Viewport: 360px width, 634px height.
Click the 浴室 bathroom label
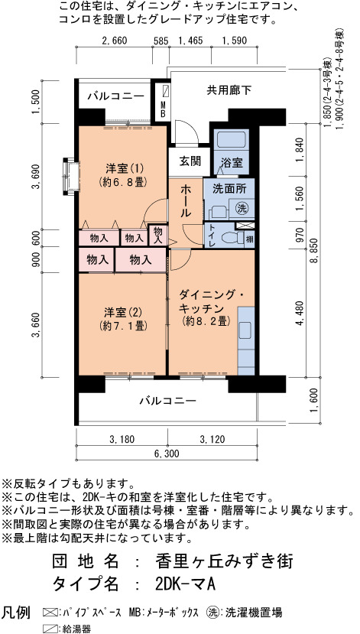click(232, 162)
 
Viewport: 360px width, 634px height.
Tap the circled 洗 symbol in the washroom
click(242, 208)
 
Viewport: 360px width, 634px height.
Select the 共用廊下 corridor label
click(229, 90)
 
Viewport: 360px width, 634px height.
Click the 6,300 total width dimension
click(166, 454)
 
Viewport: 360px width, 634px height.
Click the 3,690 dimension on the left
click(37, 177)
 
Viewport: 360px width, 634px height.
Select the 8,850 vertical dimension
click(314, 252)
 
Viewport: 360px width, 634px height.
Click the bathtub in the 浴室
click(231, 139)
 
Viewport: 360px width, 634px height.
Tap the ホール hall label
click(186, 200)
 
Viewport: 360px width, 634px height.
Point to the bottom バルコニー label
click(167, 401)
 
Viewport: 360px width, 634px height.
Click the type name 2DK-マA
click(184, 584)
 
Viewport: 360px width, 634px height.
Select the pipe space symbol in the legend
click(50, 612)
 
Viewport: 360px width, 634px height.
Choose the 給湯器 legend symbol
click(50, 629)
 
